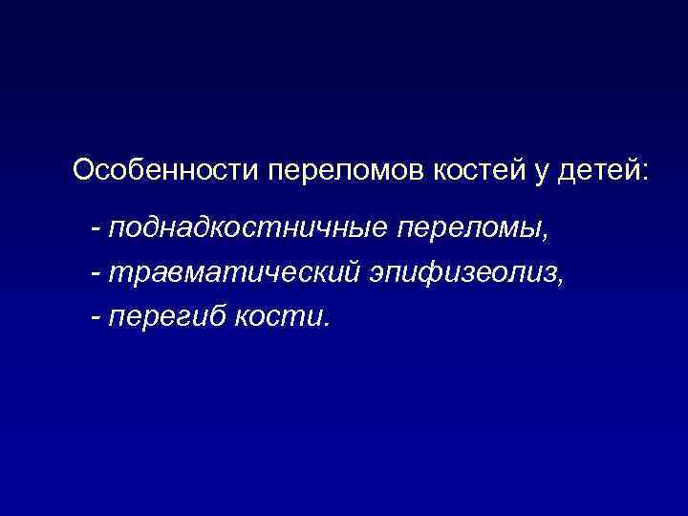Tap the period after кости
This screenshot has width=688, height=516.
(326, 322)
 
